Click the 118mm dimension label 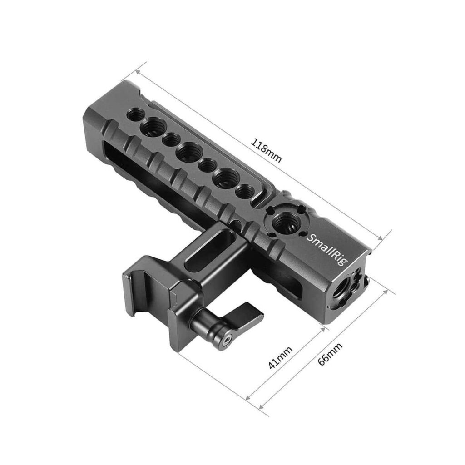[x=266, y=150]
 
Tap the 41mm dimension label [x=280, y=358]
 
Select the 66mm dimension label [x=330, y=354]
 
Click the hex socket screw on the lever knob [x=227, y=341]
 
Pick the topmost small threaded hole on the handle [x=136, y=114]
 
